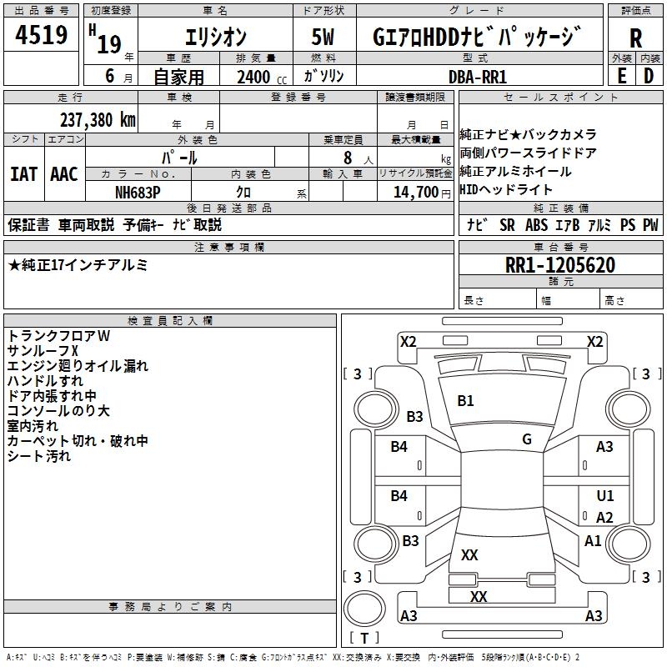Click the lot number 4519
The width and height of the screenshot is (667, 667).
41,35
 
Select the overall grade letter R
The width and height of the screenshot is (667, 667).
635,38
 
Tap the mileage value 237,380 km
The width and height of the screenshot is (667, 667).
98,120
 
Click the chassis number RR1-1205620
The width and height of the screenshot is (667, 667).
560,265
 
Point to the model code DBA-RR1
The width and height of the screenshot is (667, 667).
478,77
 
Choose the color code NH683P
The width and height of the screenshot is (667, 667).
138,193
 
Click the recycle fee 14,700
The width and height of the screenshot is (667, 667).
416,193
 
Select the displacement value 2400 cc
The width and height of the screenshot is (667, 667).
262,77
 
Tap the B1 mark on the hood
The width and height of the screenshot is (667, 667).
465,401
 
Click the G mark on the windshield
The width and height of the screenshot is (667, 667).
527,439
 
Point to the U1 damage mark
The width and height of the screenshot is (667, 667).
605,495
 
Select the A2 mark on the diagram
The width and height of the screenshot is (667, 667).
604,517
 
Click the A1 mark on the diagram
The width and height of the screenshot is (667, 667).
593,541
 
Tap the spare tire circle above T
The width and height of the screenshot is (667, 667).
364,609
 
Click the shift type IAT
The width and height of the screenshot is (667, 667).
23,174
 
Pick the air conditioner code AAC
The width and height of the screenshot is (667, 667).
64,174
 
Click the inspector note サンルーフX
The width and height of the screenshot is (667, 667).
43,351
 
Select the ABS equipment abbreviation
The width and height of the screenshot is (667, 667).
536,225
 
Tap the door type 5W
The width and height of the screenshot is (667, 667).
323,37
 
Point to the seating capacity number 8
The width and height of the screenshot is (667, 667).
348,158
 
